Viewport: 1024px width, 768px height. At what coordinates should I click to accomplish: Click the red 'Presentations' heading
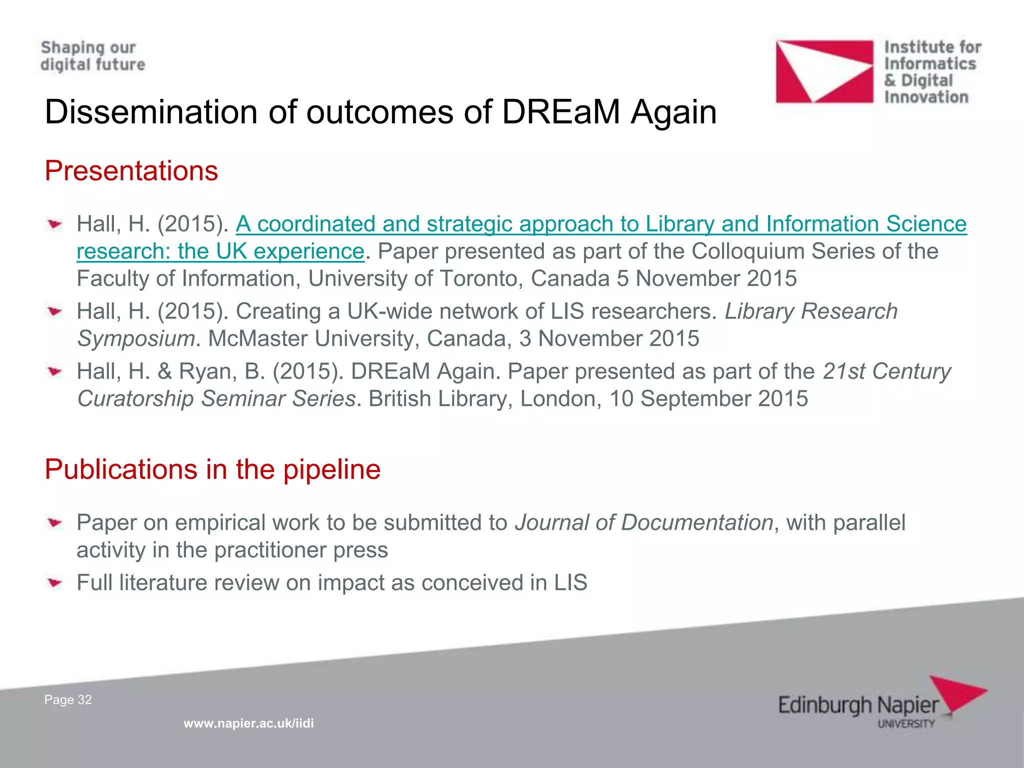[131, 171]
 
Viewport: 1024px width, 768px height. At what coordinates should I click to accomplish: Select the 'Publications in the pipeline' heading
[212, 469]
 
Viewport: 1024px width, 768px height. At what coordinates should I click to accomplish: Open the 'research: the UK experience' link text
[220, 251]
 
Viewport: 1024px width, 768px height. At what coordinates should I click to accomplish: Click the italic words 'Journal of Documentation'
[644, 522]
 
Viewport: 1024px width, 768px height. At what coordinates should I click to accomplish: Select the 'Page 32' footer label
[68, 699]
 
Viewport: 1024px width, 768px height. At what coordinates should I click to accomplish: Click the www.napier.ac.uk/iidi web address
[248, 723]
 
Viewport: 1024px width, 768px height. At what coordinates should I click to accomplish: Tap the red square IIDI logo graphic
[824, 71]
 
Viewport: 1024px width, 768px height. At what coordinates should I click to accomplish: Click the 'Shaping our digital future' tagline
[92, 56]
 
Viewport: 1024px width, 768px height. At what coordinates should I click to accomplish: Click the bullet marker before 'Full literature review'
[55, 582]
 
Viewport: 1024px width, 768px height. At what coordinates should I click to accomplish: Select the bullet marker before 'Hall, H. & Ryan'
[55, 371]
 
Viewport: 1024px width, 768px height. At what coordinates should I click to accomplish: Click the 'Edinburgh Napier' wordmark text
[858, 705]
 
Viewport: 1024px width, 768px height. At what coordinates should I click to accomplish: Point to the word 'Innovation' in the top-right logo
[926, 97]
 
